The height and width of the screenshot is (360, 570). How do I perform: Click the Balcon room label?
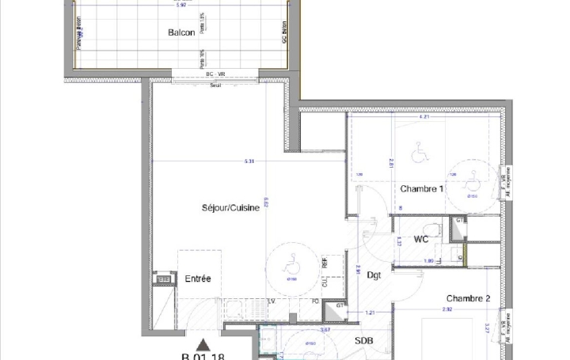coord(180,32)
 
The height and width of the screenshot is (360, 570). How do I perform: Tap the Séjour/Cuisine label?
coord(230,208)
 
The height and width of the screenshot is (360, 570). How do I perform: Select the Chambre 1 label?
coord(421,189)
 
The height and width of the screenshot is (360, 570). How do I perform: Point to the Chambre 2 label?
coord(468,298)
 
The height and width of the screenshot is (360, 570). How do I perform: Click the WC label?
coord(421,238)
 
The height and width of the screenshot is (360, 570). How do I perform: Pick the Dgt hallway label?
coord(374,275)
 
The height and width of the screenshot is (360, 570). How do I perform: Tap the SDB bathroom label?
coord(363,341)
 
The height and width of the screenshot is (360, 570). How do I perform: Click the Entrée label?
coord(198,279)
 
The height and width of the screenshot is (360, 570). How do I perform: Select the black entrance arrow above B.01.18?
coord(204,344)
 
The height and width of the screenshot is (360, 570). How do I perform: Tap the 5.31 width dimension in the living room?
coord(249,162)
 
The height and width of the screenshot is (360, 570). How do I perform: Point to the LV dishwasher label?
coord(271,301)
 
